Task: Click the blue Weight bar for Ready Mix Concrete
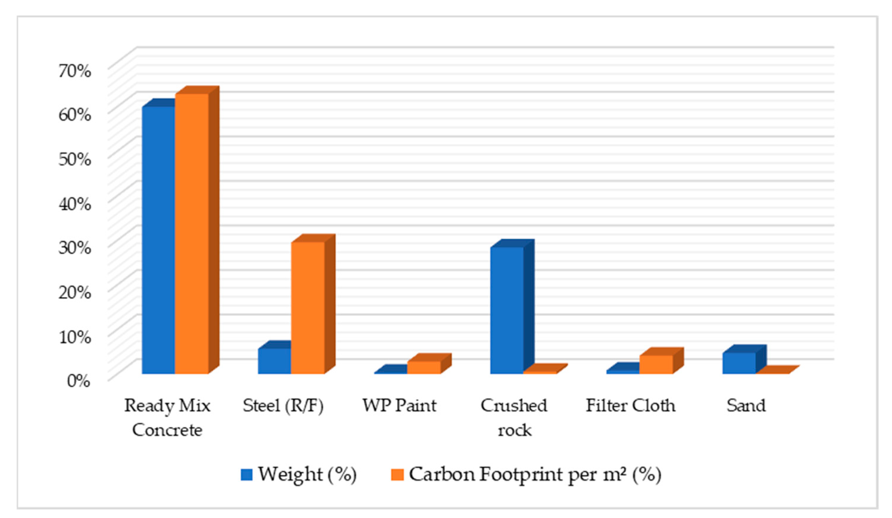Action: click(158, 240)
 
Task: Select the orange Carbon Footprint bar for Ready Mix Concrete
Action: click(192, 233)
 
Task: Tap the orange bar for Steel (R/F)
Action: click(308, 308)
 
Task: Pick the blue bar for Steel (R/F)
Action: click(274, 361)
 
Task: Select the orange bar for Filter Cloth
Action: click(656, 365)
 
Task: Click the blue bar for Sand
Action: click(739, 363)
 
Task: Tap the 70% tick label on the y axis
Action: click(75, 71)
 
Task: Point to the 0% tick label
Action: click(79, 381)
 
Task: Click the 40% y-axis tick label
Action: click(75, 204)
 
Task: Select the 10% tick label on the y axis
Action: click(75, 337)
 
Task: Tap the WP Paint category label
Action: click(399, 405)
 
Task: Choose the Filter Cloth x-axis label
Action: click(630, 405)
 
